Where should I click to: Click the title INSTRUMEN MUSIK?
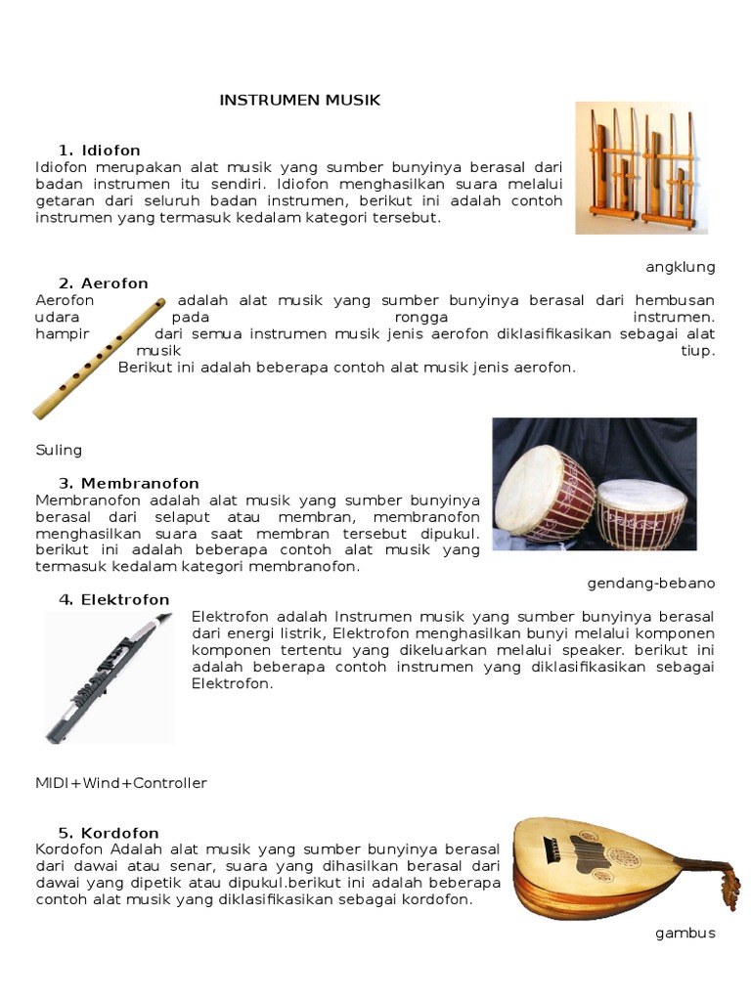299,100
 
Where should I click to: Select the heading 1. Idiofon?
99,151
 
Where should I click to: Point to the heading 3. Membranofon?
128,483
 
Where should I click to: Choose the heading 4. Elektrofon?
113,599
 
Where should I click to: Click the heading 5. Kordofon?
108,833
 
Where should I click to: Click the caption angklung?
680,267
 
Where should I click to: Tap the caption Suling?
59,451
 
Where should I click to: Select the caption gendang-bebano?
650,584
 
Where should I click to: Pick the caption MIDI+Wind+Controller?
121,783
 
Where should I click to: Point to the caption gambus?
685,933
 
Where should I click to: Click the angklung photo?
641,167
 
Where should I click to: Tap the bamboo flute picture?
98,359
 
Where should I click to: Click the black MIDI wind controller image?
108,676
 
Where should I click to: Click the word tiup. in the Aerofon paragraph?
697,351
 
